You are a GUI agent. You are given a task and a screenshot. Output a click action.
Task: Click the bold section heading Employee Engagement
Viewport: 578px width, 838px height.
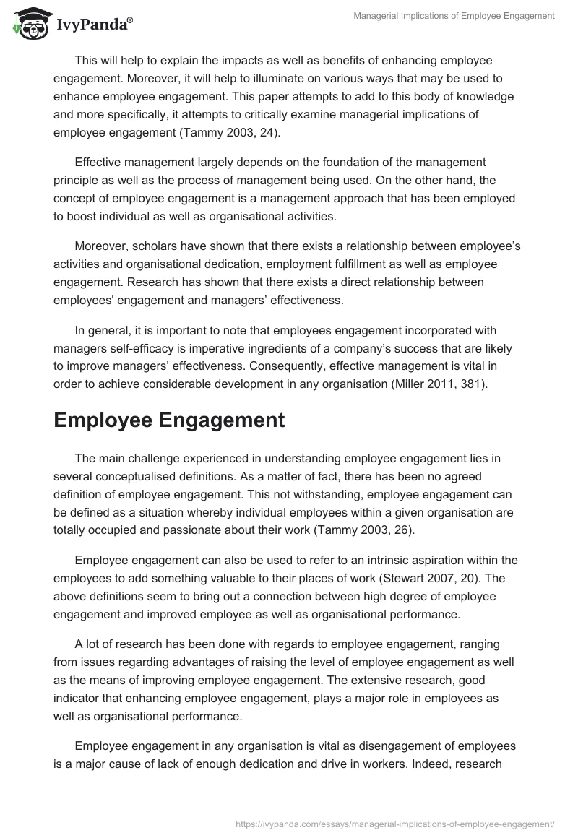[169, 421]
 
